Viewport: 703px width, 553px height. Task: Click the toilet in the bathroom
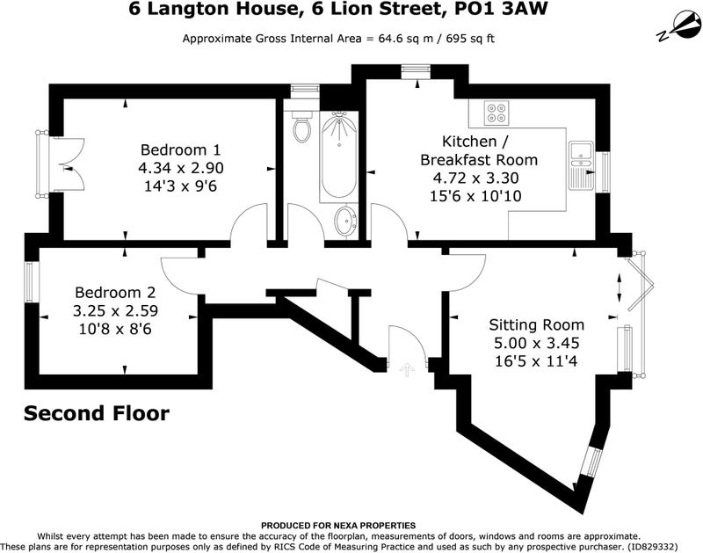[x=302, y=126]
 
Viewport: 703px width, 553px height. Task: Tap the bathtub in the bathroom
[x=339, y=156]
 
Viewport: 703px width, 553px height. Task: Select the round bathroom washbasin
[x=345, y=220]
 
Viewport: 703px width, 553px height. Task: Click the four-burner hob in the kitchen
[x=496, y=113]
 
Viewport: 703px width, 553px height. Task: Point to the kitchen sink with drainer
[x=581, y=165]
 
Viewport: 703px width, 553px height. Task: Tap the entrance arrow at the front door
[x=407, y=370]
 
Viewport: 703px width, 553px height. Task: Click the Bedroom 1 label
[x=181, y=149]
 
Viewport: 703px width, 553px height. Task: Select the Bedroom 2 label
[x=115, y=293]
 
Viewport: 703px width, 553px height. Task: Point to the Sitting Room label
[x=536, y=324]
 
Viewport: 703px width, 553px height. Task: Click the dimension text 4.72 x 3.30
[x=475, y=178]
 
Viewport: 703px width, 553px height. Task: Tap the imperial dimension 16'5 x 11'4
[x=536, y=360]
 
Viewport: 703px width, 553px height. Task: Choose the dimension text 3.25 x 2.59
[x=115, y=311]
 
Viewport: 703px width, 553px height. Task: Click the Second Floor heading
[x=97, y=413]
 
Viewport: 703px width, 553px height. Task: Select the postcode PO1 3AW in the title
[x=501, y=9]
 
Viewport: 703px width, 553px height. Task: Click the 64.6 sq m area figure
[x=406, y=39]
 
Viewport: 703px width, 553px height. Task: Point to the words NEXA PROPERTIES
[x=374, y=525]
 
